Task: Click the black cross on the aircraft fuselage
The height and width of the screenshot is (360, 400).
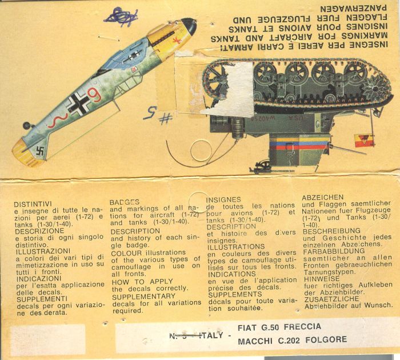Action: click(x=75, y=105)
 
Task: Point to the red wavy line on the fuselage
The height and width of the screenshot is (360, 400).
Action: click(x=55, y=120)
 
